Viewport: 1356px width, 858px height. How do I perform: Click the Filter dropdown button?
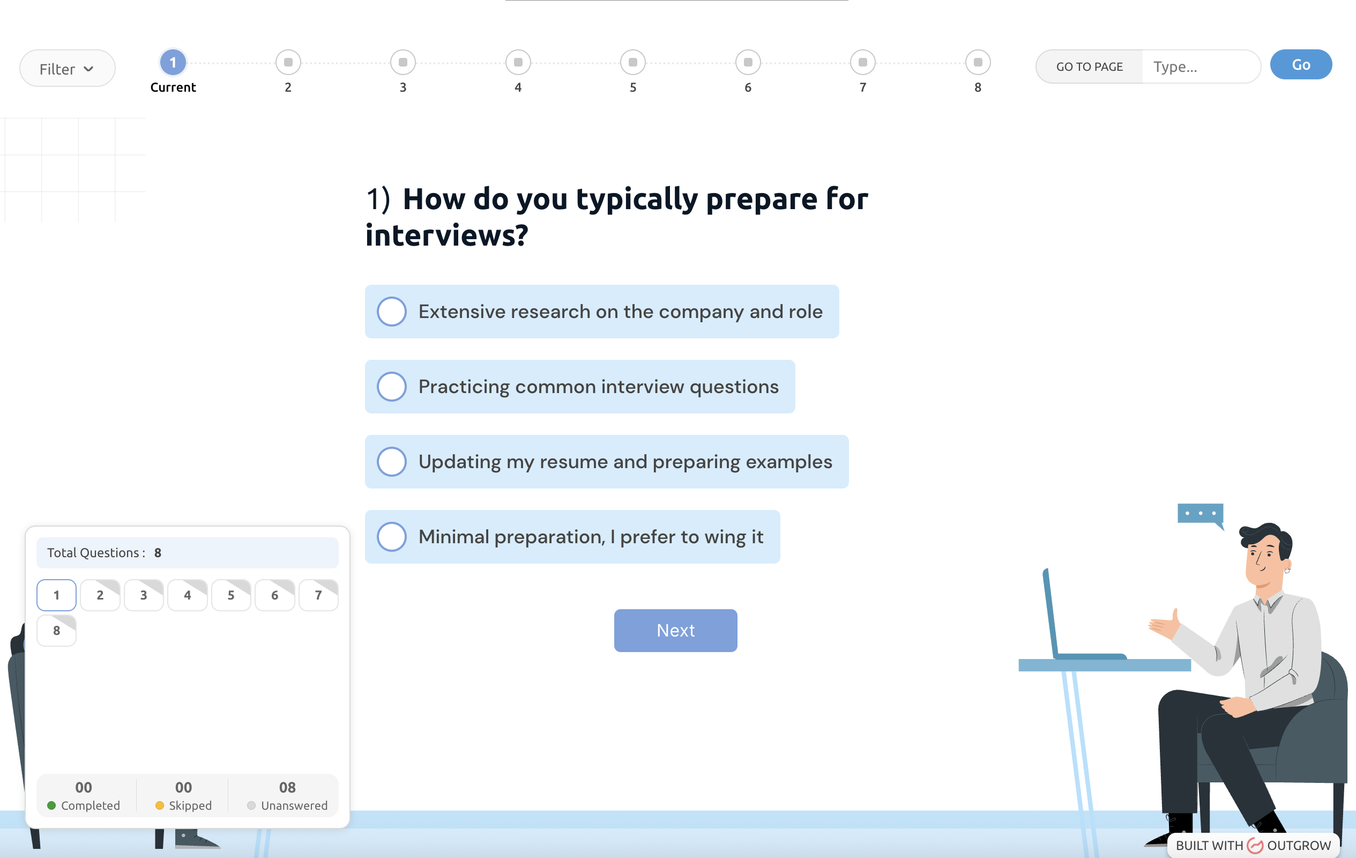point(67,68)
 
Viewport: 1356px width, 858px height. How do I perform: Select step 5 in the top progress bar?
point(633,62)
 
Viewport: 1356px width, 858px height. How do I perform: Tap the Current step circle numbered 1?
point(173,62)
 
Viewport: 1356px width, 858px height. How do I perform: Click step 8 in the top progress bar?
point(978,62)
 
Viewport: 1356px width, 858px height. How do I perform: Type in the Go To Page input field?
point(1200,66)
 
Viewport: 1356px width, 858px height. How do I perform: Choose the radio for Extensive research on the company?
point(392,312)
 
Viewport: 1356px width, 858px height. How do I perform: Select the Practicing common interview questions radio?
point(392,387)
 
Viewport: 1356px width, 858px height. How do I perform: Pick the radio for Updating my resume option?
point(392,461)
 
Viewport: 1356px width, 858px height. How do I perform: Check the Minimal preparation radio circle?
point(392,537)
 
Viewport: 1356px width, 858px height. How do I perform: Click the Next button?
point(675,631)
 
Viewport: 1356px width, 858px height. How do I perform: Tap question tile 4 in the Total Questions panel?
point(188,595)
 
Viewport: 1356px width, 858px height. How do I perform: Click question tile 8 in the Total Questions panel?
point(56,631)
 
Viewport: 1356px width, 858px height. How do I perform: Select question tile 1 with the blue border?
point(56,595)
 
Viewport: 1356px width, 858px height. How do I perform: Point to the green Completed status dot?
point(51,805)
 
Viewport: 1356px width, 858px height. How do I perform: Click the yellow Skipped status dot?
point(159,805)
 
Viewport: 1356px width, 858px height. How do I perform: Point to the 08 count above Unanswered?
point(287,787)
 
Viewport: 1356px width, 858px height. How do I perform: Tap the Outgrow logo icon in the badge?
point(1255,845)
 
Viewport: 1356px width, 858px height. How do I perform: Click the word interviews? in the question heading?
point(446,235)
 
